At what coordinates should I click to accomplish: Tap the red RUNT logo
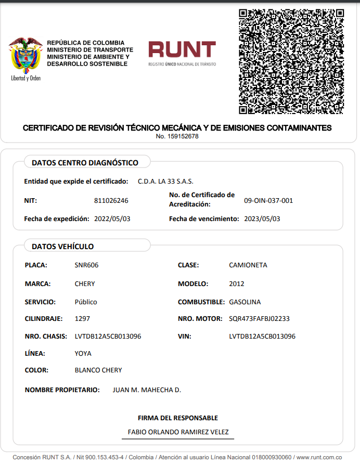pyautogui.click(x=182, y=50)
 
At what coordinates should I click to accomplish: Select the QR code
pyautogui.click(x=291, y=61)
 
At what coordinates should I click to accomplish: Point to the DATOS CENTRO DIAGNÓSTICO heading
pyautogui.click(x=85, y=163)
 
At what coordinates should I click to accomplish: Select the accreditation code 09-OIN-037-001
pyautogui.click(x=268, y=200)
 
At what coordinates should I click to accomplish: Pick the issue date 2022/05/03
pyautogui.click(x=112, y=219)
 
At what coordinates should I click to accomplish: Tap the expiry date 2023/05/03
pyautogui.click(x=262, y=219)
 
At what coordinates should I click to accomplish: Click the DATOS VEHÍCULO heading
pyautogui.click(x=62, y=247)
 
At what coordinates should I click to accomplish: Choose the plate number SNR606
pyautogui.click(x=86, y=265)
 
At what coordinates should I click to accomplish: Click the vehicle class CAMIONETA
pyautogui.click(x=248, y=265)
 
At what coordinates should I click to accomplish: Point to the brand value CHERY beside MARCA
pyautogui.click(x=85, y=284)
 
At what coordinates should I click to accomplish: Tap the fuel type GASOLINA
pyautogui.click(x=245, y=302)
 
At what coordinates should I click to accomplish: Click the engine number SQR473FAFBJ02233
pyautogui.click(x=259, y=319)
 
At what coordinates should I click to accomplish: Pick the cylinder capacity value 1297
pyautogui.click(x=83, y=319)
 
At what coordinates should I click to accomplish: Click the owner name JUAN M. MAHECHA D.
pyautogui.click(x=147, y=390)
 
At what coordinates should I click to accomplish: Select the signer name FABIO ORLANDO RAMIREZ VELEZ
pyautogui.click(x=178, y=432)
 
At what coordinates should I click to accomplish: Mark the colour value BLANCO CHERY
pyautogui.click(x=98, y=370)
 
